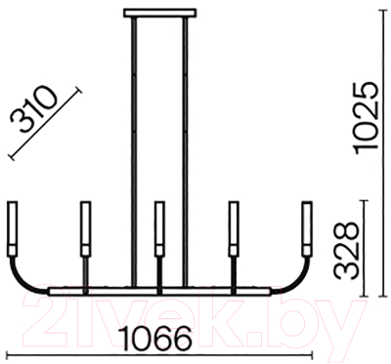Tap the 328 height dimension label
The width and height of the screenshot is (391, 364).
pos(346,251)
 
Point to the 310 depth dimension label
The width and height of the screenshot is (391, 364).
pos(33,109)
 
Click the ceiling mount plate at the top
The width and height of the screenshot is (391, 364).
pos(160,13)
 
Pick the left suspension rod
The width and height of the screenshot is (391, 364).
pos(133,152)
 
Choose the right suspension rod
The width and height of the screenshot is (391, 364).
pos(186,152)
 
